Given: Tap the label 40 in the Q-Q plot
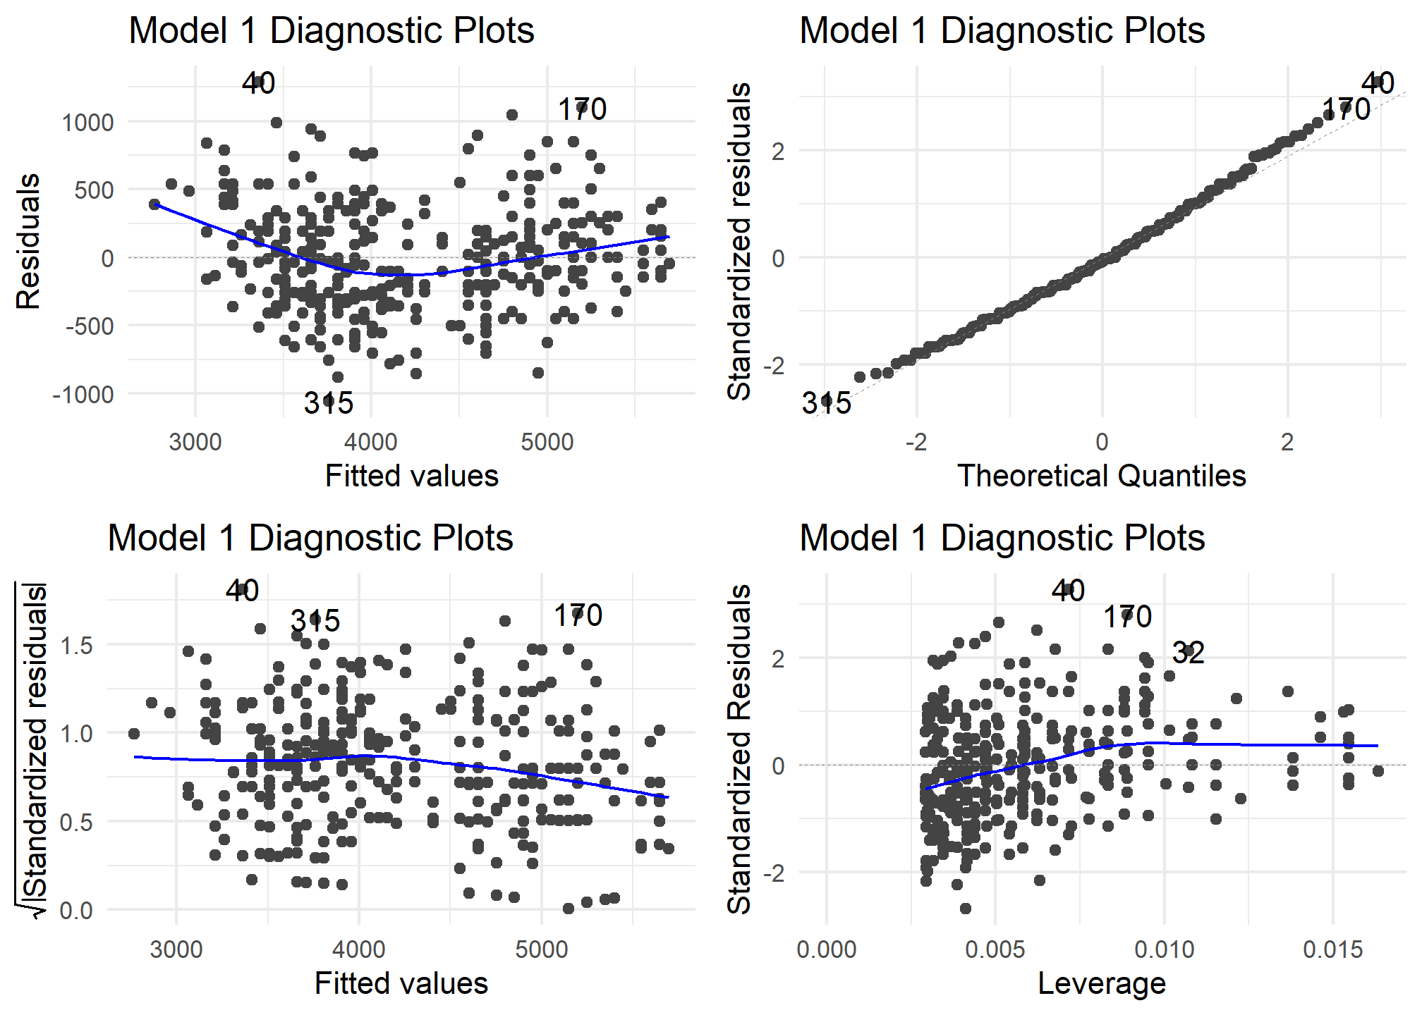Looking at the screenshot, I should click(x=1378, y=83).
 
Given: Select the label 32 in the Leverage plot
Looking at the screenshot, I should click(x=1188, y=653).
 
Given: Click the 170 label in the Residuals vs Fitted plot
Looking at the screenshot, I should click(x=582, y=110).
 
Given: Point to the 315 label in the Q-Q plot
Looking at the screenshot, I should click(x=826, y=403).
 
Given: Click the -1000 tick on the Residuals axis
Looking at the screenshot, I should click(x=83, y=395).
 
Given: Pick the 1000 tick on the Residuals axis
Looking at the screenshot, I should click(x=87, y=123).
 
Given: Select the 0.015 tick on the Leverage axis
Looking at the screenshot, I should click(x=1332, y=950).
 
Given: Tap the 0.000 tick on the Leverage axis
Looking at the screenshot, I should click(x=827, y=950).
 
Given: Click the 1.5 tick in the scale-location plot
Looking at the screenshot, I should click(x=76, y=645).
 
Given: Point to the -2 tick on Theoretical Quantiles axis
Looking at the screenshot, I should click(x=916, y=443).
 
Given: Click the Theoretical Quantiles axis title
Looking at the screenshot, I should click(x=1101, y=476).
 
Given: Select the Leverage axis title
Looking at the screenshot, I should click(x=1101, y=983).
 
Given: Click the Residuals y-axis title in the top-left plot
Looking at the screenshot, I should click(x=28, y=241).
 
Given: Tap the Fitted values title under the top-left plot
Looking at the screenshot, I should click(x=411, y=476).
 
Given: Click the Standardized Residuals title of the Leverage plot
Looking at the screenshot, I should click(x=739, y=749).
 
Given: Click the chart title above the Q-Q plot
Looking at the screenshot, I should click(x=1002, y=31).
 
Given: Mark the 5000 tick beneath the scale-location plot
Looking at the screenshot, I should click(x=541, y=950).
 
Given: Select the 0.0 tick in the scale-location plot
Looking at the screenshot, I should click(x=76, y=911).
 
